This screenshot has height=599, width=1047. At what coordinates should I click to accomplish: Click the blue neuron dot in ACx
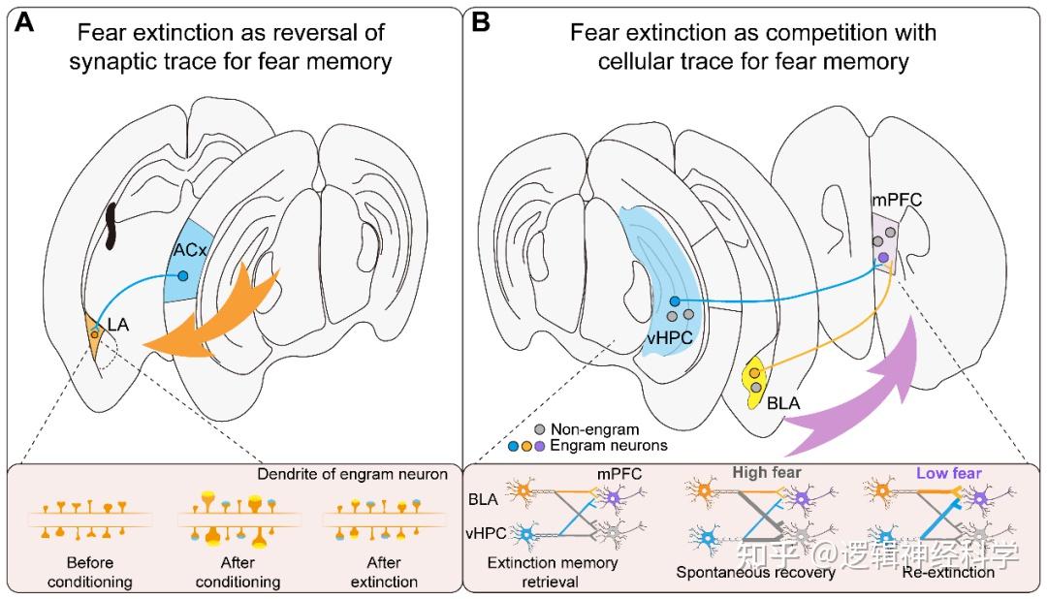point(183,276)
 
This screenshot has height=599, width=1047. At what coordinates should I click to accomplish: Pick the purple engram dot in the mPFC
point(882,256)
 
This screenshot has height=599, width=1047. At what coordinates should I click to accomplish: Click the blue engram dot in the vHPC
point(675,301)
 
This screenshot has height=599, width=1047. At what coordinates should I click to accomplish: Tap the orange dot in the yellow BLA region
point(754,372)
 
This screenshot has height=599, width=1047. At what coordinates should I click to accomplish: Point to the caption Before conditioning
point(90,571)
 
